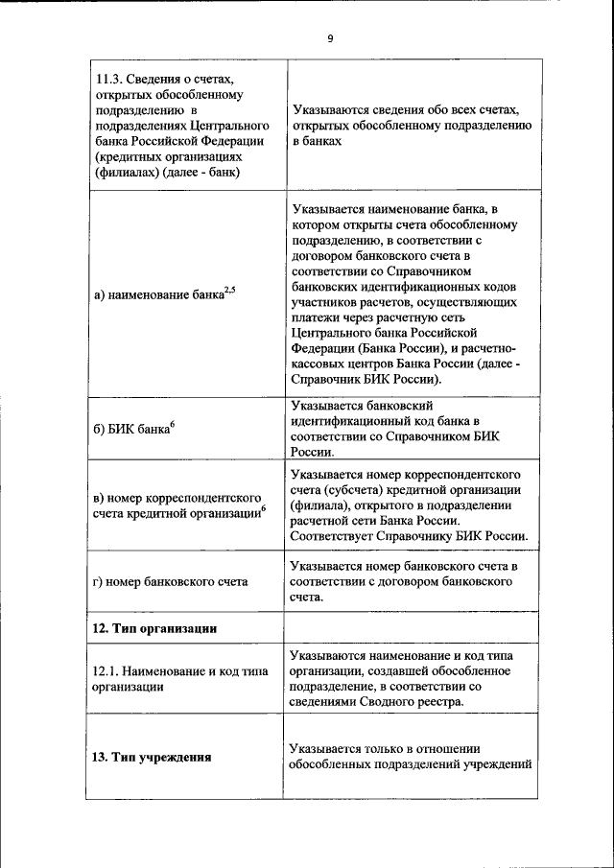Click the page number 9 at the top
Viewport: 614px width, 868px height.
(329, 38)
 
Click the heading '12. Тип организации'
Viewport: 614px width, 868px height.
(153, 628)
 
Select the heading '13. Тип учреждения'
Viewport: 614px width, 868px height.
(152, 757)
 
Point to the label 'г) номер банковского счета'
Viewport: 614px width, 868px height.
(170, 581)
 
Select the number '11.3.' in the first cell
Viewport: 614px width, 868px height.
(108, 79)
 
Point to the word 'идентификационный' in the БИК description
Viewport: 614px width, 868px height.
(345, 421)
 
